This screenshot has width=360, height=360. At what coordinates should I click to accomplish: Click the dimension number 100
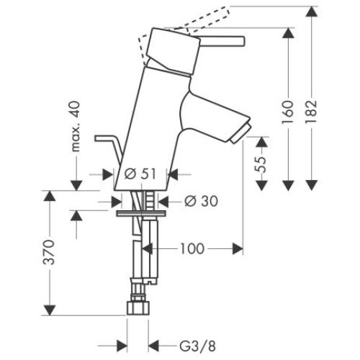pyautogui.click(x=192, y=248)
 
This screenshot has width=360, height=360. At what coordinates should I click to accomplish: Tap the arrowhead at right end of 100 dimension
pyautogui.click(x=238, y=248)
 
